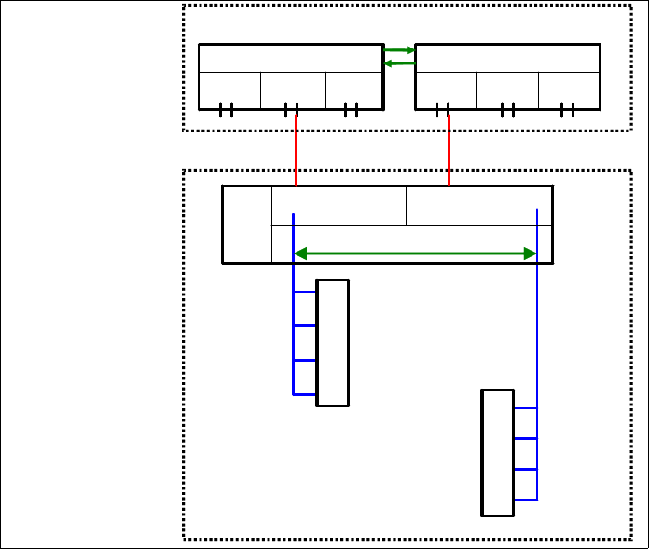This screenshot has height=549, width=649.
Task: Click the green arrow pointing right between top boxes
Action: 399,50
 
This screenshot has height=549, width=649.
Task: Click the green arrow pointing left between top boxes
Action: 399,63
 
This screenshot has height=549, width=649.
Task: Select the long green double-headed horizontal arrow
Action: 415,254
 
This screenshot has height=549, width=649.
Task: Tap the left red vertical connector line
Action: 296,149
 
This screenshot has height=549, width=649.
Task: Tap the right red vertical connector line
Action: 449,149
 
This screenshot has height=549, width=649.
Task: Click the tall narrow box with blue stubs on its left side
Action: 333,343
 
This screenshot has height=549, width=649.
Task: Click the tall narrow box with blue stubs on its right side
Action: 497,452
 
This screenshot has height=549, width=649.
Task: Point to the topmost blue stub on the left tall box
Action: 305,292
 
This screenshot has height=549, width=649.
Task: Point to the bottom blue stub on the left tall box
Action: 305,394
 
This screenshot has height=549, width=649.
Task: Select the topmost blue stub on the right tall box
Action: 525,408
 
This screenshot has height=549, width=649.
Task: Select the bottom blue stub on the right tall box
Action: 525,500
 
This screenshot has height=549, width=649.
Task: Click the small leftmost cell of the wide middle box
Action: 246,225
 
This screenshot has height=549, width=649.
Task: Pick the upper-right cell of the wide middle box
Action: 478,205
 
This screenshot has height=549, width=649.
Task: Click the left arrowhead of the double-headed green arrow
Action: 299,254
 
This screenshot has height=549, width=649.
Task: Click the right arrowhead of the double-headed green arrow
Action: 532,254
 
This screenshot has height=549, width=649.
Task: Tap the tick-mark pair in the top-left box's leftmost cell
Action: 226,110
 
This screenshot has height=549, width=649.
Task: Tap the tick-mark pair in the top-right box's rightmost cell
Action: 568,110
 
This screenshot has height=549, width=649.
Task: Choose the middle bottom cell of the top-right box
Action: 507,90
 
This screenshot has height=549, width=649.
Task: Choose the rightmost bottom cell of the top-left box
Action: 354,90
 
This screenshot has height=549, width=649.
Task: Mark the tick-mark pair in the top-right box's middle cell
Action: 507,110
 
